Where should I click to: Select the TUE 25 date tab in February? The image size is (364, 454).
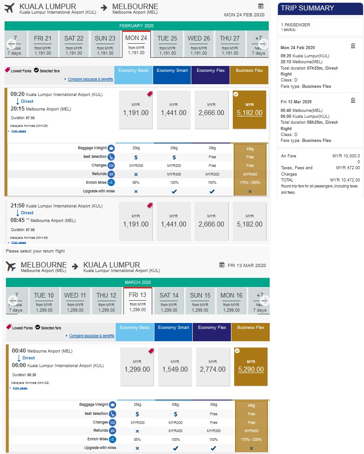168,44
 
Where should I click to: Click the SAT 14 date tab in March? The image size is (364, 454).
169,301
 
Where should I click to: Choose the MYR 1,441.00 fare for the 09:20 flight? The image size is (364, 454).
174,110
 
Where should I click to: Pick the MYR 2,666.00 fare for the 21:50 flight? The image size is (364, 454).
211,221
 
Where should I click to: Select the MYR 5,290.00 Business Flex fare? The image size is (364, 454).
251,366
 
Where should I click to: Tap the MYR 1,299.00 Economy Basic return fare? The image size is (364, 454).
137,366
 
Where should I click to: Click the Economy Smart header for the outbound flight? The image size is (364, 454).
172,71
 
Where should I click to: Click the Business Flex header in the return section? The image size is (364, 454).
251,328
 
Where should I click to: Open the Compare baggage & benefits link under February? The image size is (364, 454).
91,79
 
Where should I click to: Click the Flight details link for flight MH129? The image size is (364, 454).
18,131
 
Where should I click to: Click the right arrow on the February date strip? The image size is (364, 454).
263,44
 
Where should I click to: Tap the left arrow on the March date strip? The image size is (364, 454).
12,301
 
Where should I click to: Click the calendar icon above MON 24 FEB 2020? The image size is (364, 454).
261,6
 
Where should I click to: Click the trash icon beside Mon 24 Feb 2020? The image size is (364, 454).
353,45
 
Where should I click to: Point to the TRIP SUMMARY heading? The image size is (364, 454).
308,8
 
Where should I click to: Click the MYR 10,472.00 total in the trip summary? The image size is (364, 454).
345,180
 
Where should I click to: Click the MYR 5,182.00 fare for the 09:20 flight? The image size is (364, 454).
250,110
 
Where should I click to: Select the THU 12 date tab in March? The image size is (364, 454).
106,301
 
